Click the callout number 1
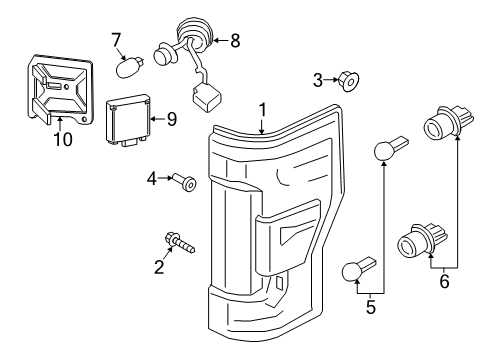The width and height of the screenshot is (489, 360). pyautogui.click(x=262, y=109)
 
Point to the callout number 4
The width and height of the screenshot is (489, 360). pyautogui.click(x=153, y=180)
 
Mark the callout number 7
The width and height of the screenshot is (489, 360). pyautogui.click(x=117, y=39)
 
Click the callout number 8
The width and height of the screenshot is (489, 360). pyautogui.click(x=235, y=41)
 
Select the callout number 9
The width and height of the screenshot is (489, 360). pyautogui.click(x=172, y=118)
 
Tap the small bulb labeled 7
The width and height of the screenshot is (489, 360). pyautogui.click(x=130, y=67)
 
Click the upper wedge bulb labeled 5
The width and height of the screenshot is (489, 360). pyautogui.click(x=389, y=148)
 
